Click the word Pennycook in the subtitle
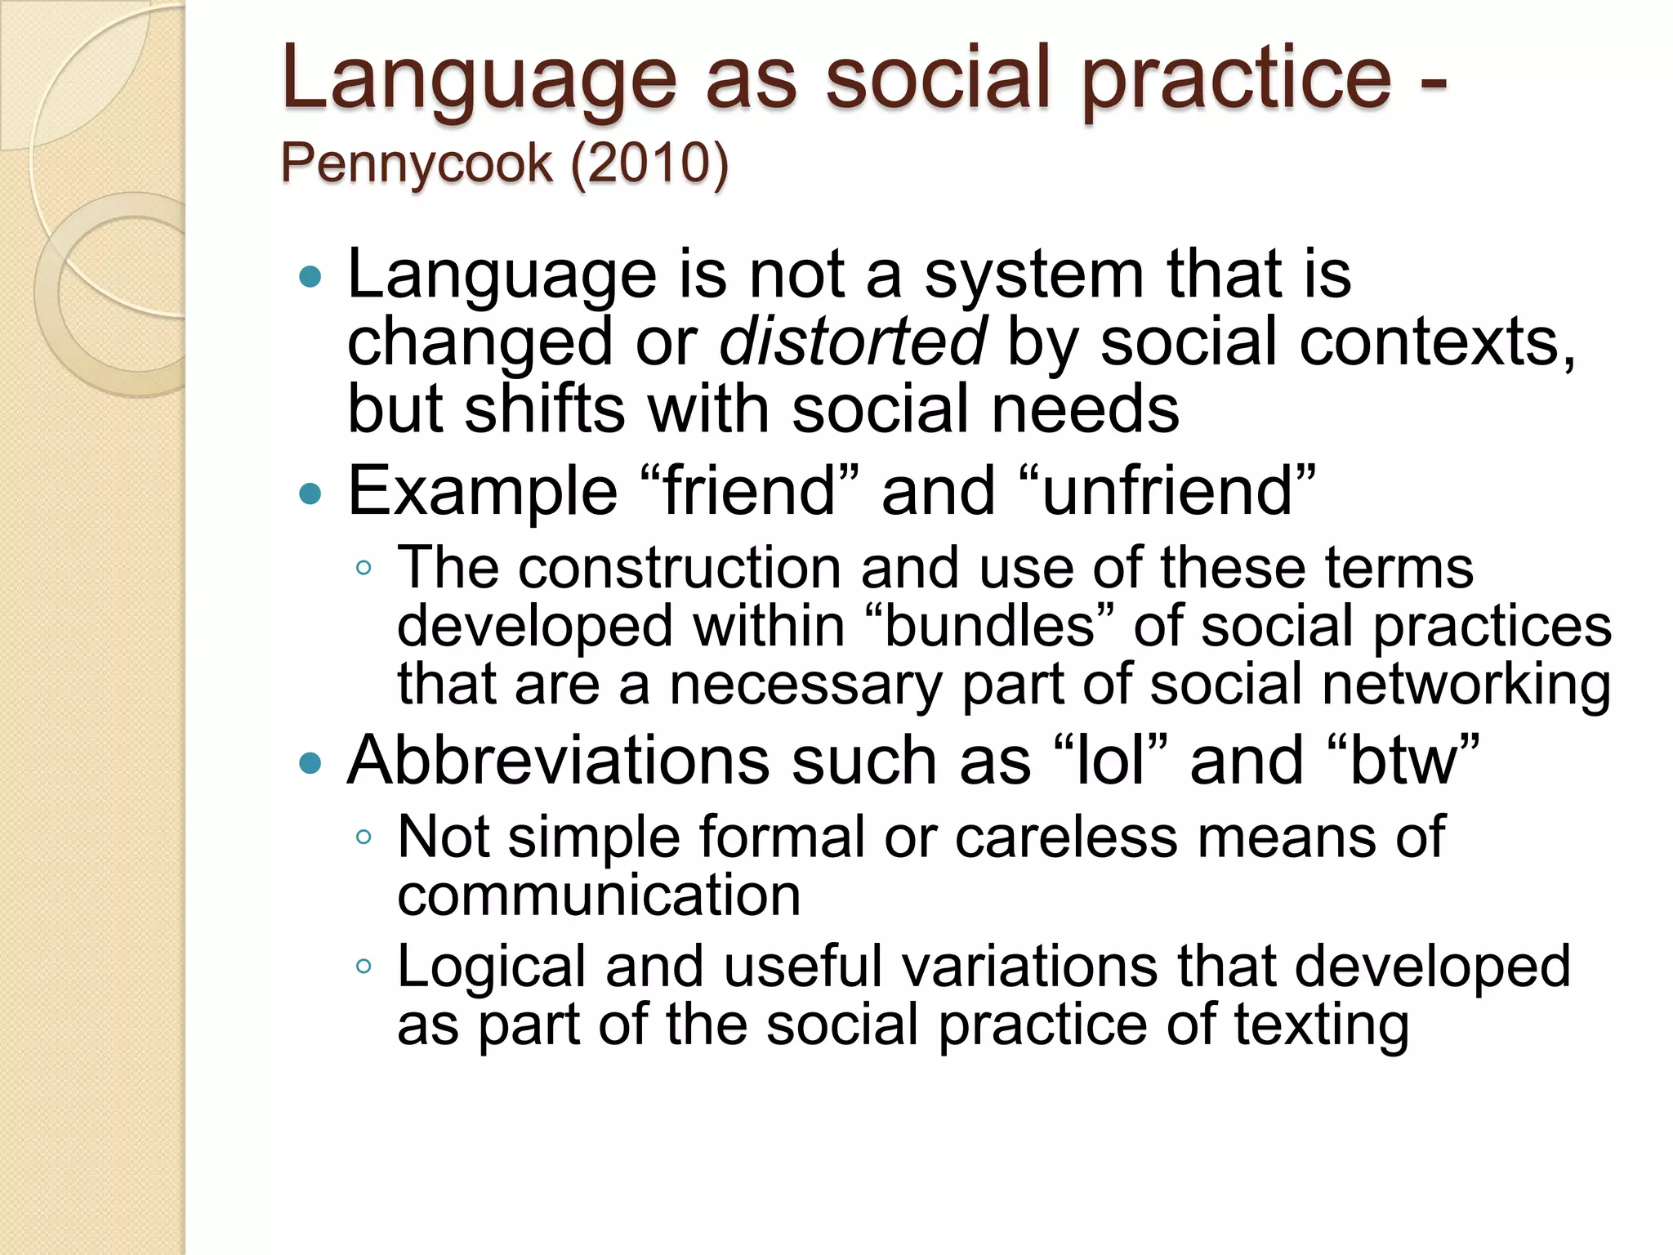417,163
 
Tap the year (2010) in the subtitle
649,163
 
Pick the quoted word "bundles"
990,627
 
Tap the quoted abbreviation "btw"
1403,761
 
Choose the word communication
599,895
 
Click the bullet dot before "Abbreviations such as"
311,763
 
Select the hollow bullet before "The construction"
364,568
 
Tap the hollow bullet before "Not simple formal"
364,837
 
